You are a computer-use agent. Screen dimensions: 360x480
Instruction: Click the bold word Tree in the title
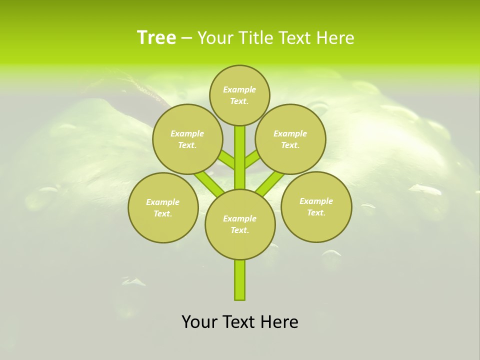pyautogui.click(x=156, y=38)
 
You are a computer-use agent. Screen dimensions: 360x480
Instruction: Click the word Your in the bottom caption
pyautogui.click(x=200, y=322)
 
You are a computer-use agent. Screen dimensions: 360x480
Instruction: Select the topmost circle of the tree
pyautogui.click(x=239, y=95)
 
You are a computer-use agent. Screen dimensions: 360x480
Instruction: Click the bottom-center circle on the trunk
pyautogui.click(x=240, y=224)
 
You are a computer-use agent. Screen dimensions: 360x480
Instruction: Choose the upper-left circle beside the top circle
pyautogui.click(x=187, y=139)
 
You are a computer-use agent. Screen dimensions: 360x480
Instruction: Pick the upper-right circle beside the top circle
pyautogui.click(x=290, y=139)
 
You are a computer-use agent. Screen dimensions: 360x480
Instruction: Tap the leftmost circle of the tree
pyautogui.click(x=163, y=207)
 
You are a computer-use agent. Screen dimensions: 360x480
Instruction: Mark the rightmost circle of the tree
pyautogui.click(x=316, y=206)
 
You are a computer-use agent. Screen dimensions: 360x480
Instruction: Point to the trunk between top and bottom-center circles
pyautogui.click(x=240, y=157)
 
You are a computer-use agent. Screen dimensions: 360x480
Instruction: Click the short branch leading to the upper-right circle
pyautogui.click(x=252, y=160)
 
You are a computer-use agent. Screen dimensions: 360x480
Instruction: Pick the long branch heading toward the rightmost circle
pyautogui.click(x=270, y=183)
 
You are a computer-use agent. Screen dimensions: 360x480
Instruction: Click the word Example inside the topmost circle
pyautogui.click(x=239, y=89)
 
